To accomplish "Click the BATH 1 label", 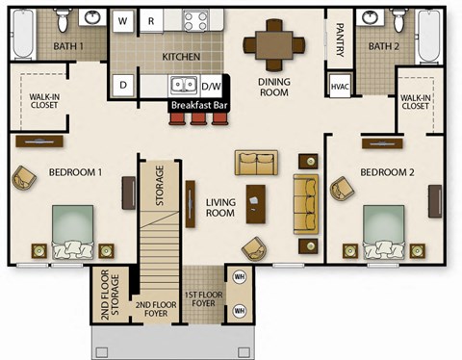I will pyautogui.click(x=66, y=46).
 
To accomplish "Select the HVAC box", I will pyautogui.click(x=339, y=86).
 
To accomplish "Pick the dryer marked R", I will pyautogui.click(x=152, y=20).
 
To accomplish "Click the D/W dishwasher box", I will pyautogui.click(x=211, y=85).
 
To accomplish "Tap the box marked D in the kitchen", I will pyautogui.click(x=124, y=85).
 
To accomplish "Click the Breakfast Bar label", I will pyautogui.click(x=200, y=103).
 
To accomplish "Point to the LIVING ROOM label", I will pyautogui.click(x=220, y=207).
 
